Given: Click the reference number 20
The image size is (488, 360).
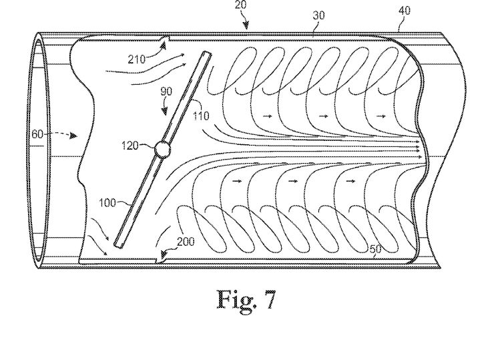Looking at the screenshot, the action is tap(240, 5).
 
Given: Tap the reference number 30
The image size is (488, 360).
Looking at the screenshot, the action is tap(318, 15).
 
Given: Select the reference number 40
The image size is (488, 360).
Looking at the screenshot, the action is tap(405, 11).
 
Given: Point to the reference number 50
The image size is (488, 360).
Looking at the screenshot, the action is tap(375, 249).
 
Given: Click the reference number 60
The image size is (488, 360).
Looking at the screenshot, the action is tap(37, 134).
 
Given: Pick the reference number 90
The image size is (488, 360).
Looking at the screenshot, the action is tap(166, 92).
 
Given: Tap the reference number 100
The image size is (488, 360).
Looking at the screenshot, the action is tap(107, 203).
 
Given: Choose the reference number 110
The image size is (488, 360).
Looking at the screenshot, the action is tap(201, 116).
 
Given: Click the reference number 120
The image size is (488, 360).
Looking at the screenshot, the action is tap(130, 145).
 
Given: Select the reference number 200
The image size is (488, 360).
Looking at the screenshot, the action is tap(186, 241).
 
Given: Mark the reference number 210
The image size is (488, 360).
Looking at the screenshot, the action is tap(137, 59).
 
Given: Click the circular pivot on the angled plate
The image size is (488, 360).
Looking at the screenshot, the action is tap(162, 150).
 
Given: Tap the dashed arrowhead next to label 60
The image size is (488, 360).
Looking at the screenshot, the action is tap(73, 136).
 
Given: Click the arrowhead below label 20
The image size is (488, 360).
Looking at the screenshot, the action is tap(246, 25).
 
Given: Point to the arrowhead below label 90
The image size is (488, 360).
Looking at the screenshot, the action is tap(164, 111).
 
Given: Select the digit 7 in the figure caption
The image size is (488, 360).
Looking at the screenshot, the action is tap(269, 300).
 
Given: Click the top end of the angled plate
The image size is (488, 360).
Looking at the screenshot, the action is tap(207, 54).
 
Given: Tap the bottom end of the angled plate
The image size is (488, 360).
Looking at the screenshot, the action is tap(118, 245).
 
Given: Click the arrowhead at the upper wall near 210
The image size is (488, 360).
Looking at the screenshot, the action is tap(164, 46).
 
